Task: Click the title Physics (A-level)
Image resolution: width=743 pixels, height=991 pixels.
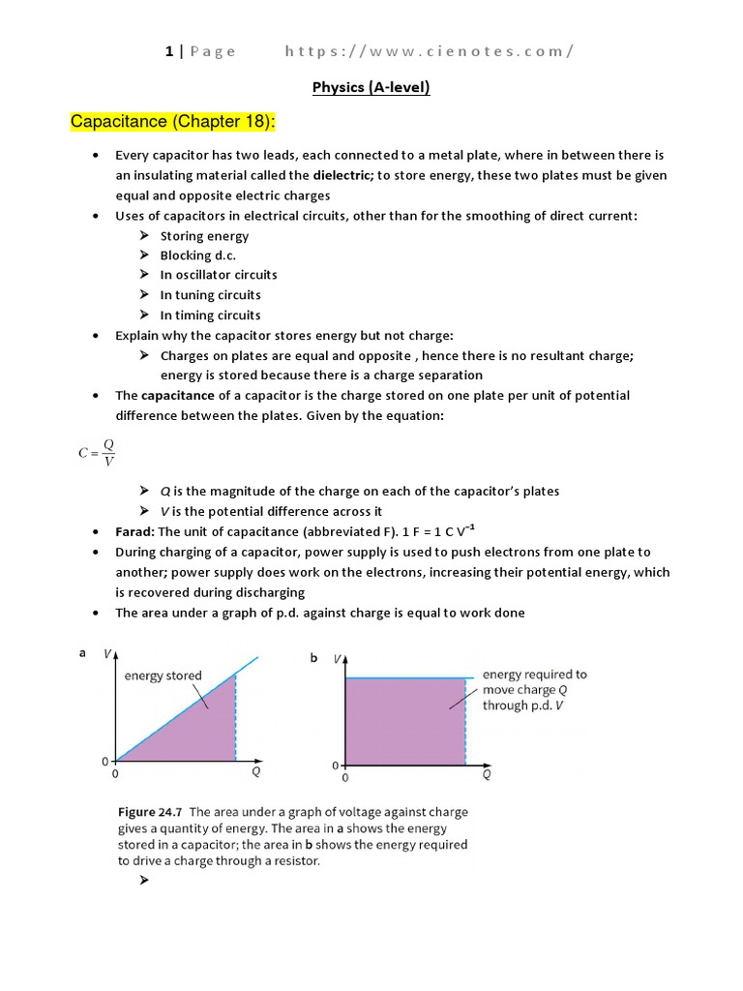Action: pos(371,88)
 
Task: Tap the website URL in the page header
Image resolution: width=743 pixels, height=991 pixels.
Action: pos(429,51)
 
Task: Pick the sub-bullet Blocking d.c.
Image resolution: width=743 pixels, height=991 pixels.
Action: pos(197,255)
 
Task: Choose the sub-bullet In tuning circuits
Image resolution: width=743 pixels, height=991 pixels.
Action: pos(210,295)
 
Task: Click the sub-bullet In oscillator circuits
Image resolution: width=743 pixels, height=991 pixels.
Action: pos(218,275)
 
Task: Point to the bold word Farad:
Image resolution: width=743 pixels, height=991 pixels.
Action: pos(134,531)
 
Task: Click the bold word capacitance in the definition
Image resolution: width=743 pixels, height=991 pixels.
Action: pos(179,396)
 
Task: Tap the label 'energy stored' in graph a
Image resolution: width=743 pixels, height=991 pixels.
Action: pos(163,676)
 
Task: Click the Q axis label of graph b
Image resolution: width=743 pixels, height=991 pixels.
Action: pos(486,774)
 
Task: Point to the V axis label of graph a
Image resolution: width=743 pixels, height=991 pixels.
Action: pos(106,654)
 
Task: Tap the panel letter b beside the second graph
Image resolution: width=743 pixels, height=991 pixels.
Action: pos(313,658)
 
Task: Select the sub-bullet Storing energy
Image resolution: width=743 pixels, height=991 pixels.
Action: pos(204,236)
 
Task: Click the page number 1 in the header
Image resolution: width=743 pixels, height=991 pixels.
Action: pos(169,51)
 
